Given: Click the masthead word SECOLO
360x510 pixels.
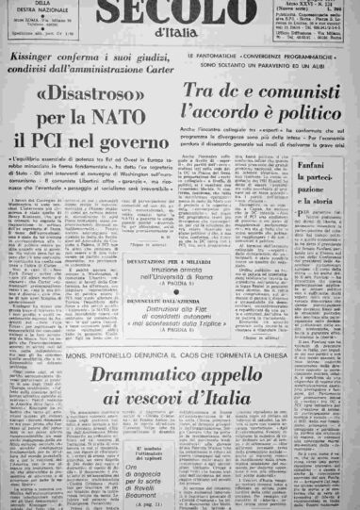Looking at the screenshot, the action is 179,15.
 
